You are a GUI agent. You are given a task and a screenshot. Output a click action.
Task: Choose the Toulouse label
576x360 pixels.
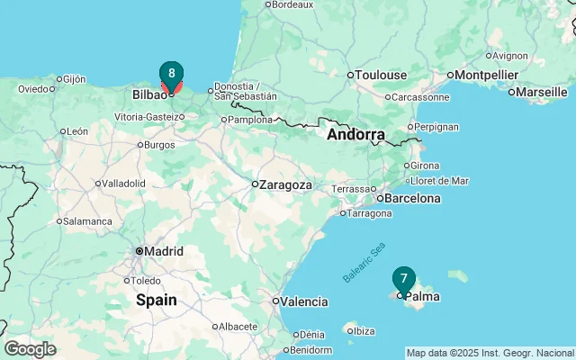(x=382, y=75)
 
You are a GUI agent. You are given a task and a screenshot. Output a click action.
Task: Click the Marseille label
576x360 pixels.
(x=543, y=91)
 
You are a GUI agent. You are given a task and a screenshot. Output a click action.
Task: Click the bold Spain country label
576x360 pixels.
(x=156, y=301)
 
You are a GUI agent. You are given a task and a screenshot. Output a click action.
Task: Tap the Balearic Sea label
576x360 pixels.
(x=364, y=262)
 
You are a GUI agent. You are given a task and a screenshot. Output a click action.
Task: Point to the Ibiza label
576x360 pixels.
(x=364, y=331)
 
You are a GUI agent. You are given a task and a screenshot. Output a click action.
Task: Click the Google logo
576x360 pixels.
(x=30, y=349)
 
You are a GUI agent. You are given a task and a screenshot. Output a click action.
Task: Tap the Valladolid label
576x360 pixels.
(x=123, y=183)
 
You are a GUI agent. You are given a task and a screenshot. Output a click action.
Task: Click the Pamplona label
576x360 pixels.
(x=250, y=119)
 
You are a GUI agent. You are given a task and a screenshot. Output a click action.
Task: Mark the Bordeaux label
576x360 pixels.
(x=292, y=4)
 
